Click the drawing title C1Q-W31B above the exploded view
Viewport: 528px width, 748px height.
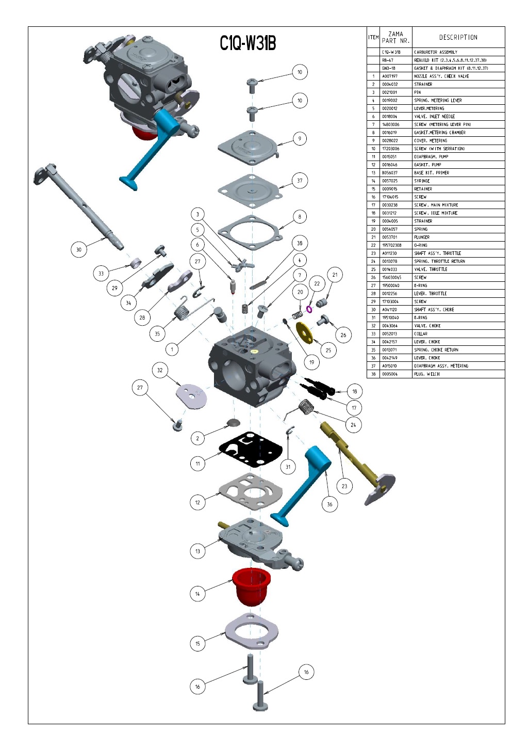click(x=248, y=43)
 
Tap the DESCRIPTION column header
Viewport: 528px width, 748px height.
click(x=458, y=37)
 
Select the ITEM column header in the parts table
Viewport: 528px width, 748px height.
click(x=373, y=37)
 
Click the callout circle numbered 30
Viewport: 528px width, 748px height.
click(x=79, y=250)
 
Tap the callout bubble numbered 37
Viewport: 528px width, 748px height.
click(x=300, y=181)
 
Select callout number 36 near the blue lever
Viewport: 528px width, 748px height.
click(x=329, y=504)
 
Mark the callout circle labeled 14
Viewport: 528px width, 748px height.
click(x=197, y=594)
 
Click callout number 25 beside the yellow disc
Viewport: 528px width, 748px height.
click(x=328, y=350)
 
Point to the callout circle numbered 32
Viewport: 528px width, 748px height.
click(x=160, y=370)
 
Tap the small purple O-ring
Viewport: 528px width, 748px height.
click(x=309, y=309)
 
